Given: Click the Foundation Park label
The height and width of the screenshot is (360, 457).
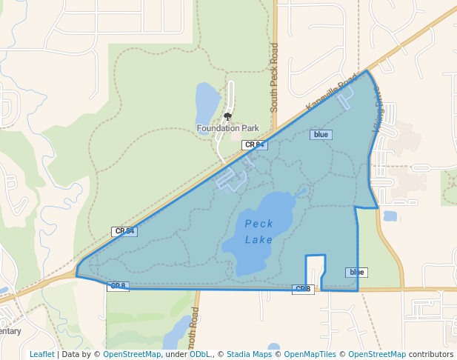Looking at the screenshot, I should (227, 128).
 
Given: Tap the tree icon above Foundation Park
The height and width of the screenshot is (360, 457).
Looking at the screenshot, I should (227, 116).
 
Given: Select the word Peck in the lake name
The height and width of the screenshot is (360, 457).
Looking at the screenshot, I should (258, 224).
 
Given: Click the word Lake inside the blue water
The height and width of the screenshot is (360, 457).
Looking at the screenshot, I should (258, 239).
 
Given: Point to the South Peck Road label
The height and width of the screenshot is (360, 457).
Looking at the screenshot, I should (274, 77).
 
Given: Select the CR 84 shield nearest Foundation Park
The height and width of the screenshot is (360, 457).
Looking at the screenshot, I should (253, 145).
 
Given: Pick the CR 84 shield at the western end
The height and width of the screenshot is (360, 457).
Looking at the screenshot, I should (124, 231).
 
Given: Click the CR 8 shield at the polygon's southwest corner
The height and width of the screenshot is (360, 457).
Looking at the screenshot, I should (119, 286).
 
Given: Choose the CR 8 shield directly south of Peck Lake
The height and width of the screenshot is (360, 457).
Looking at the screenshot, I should (303, 289).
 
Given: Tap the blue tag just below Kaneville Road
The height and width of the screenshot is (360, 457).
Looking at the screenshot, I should (321, 135).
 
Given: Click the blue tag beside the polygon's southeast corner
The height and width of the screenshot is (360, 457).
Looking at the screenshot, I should (356, 273).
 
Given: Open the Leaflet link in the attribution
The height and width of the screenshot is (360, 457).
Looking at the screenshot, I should (41, 354).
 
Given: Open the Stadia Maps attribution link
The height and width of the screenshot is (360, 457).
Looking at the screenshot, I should (249, 354).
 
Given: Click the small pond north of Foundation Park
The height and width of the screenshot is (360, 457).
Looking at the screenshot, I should (207, 101).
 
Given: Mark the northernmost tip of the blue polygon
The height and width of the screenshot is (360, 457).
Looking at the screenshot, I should (367, 70).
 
